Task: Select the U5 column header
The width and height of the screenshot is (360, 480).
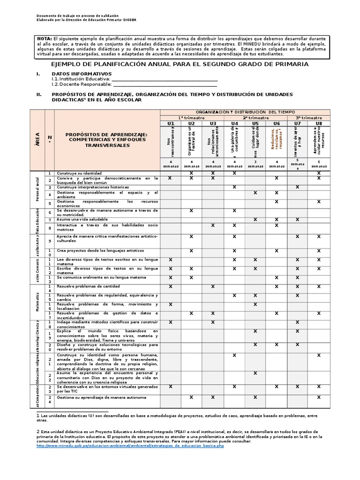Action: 255,123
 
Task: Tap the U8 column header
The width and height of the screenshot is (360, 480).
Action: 319,123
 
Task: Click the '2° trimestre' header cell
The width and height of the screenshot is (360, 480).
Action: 255,118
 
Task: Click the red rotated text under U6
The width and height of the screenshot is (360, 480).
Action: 277,141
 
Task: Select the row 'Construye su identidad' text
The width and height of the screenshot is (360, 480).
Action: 79,173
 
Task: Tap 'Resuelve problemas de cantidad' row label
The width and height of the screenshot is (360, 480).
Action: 88,286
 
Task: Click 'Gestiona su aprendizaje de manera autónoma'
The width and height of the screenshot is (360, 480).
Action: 101,397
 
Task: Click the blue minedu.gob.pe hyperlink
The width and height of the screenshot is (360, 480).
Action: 130,445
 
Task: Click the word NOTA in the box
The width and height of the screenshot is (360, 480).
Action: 45,38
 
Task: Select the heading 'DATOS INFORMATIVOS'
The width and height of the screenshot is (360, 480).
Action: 82,74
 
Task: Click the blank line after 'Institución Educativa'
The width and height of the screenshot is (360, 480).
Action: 164,79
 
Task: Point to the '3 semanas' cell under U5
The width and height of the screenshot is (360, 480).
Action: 255,164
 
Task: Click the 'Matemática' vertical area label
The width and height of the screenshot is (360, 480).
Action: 37,302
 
